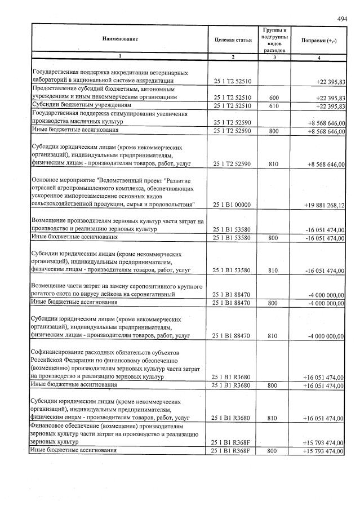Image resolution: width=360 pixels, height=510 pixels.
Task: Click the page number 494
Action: (x=341, y=19)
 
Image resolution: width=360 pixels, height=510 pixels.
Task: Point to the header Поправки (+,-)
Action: (x=319, y=41)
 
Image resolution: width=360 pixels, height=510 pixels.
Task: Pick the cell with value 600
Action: (x=274, y=97)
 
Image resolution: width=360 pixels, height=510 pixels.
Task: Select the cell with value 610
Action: (x=274, y=105)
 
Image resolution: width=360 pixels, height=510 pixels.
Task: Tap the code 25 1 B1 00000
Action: (x=231, y=205)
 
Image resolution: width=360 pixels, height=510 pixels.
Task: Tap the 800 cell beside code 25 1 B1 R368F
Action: (x=274, y=452)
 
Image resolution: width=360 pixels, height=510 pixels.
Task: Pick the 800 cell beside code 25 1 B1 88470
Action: (x=274, y=303)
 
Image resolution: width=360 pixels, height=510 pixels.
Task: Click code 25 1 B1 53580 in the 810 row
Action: (x=231, y=270)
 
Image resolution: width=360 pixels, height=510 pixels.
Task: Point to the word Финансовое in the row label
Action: (x=50, y=427)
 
